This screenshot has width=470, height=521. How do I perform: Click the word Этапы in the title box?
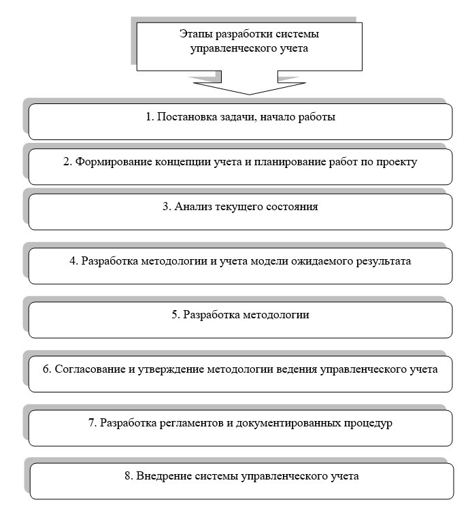195,34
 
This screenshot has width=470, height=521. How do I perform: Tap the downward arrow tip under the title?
250,93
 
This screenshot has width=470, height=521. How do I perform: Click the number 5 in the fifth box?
175,315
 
